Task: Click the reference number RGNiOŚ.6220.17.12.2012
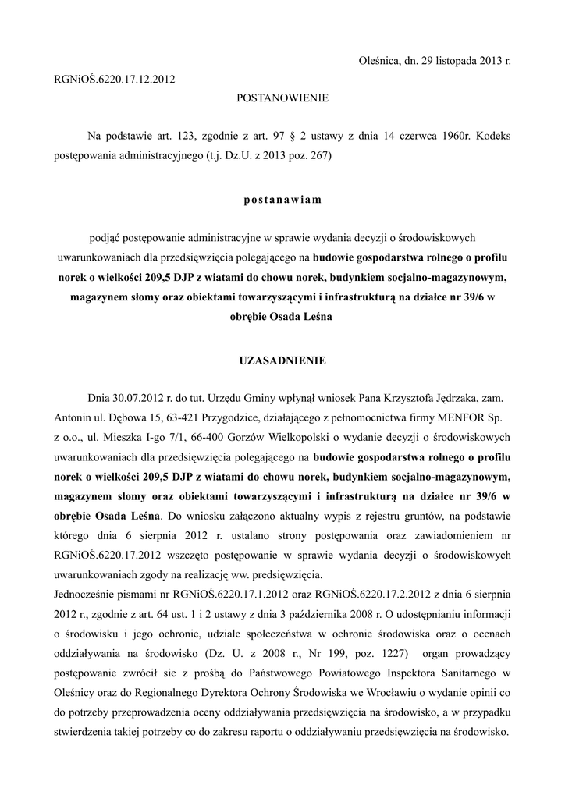[x=115, y=79]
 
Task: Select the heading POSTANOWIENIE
[x=282, y=98]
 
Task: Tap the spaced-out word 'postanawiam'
[x=282, y=199]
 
